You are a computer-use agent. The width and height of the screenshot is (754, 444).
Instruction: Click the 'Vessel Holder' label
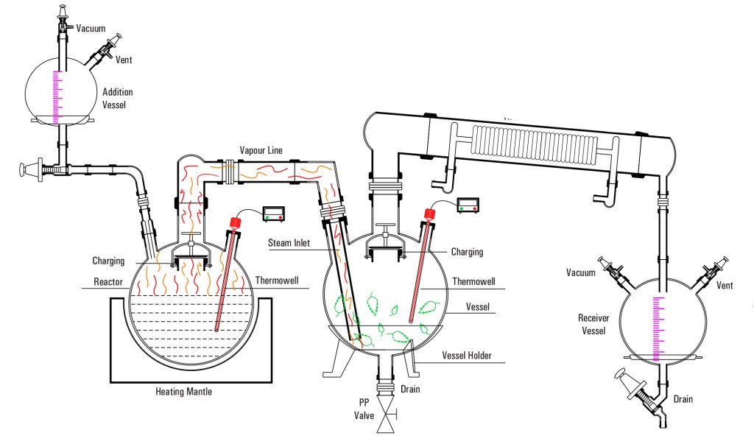click(466, 356)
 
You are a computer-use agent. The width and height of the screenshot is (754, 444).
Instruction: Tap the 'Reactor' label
click(108, 281)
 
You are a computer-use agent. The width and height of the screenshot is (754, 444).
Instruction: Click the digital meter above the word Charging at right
click(468, 203)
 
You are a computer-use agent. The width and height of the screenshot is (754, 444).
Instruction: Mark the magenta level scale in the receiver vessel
click(658, 328)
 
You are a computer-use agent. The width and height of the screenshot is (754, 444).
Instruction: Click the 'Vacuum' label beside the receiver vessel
click(580, 273)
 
